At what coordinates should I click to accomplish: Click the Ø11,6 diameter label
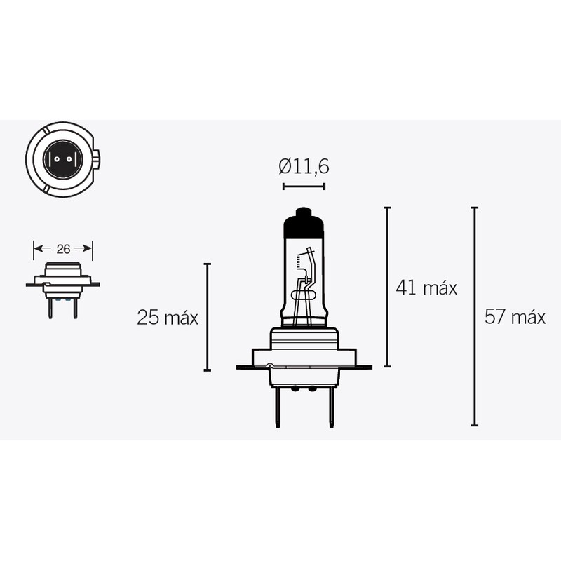pos(304,167)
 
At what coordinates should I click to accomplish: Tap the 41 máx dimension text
pos(426,288)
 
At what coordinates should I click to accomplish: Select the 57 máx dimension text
pos(515,317)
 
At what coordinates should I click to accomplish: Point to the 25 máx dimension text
pos(168,318)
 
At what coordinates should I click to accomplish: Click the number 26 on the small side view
pos(63,248)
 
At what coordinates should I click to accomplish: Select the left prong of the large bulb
pos(278,406)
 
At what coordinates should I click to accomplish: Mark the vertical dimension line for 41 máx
pos(387,288)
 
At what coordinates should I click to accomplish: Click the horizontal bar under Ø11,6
pos(304,187)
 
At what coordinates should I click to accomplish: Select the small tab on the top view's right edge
pos(98,158)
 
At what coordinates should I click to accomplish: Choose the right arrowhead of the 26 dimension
pos(89,248)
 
